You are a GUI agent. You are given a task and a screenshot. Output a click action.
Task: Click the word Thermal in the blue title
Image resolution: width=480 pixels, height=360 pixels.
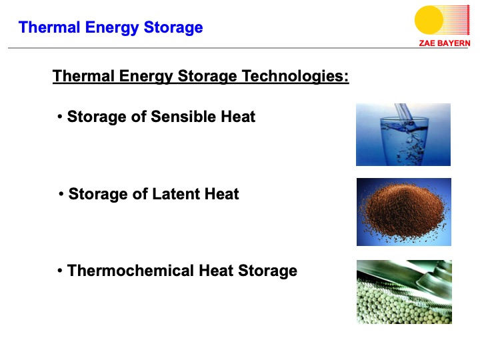click(x=49, y=27)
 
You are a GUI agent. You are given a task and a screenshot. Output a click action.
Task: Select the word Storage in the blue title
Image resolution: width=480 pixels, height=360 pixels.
click(x=173, y=28)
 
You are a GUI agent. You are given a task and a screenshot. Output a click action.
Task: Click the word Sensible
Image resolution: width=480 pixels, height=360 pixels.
click(x=184, y=117)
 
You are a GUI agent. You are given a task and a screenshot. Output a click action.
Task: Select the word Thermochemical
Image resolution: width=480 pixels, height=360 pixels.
click(x=131, y=271)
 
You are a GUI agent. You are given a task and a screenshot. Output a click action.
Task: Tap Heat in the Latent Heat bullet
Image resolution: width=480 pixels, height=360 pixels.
click(x=221, y=194)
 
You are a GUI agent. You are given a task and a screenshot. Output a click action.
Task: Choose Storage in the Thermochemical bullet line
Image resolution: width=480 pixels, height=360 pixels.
click(x=267, y=271)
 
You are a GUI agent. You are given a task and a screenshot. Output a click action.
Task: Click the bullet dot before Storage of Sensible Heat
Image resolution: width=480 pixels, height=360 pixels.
click(x=60, y=117)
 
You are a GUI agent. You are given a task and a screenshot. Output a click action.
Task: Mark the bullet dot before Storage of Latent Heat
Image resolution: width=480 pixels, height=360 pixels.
click(x=61, y=194)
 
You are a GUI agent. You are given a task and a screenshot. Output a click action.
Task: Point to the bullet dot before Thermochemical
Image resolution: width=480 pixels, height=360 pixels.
click(x=60, y=271)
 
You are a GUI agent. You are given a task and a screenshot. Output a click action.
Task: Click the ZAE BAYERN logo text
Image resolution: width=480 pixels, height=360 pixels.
click(x=445, y=43)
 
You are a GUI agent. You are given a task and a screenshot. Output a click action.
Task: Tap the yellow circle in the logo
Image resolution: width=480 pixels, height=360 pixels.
click(x=429, y=20)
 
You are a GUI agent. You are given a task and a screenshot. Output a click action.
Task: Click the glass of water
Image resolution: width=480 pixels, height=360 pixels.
click(x=404, y=141)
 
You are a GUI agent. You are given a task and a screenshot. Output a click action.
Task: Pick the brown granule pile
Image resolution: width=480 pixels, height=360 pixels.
click(x=403, y=211)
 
